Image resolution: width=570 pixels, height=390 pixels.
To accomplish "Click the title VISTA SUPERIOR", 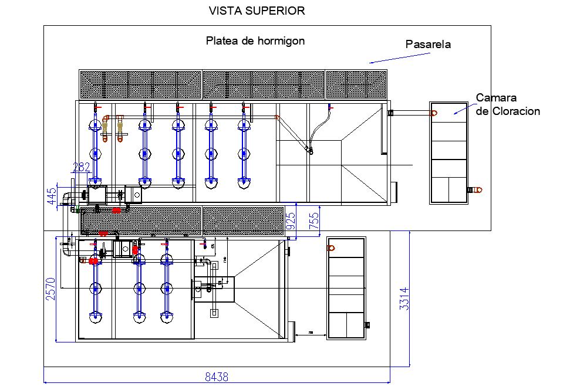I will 257,11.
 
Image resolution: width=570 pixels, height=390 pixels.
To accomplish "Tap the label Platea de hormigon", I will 255,41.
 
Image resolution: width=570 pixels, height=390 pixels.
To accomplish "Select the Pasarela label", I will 429,44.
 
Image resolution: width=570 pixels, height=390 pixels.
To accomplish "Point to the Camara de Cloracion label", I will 508,104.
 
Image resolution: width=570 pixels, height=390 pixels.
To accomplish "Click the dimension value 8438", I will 217,377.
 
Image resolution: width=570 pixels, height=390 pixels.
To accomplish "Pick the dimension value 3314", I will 403,299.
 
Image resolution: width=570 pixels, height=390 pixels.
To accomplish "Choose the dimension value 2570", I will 50,289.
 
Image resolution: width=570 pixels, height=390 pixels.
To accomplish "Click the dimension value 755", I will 314,221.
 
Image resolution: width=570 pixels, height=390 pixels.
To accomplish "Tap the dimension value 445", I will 52,198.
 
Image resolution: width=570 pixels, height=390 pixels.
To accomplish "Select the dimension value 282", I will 81,167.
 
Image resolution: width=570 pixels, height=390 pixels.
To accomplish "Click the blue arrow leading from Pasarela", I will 387,58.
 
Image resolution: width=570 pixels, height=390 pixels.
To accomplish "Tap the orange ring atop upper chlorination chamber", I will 434,113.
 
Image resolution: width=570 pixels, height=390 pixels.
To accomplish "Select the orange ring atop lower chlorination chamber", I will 331,248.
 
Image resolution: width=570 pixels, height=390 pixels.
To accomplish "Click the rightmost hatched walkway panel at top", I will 356,84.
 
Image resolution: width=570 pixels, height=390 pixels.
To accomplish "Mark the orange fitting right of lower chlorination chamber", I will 368,324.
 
